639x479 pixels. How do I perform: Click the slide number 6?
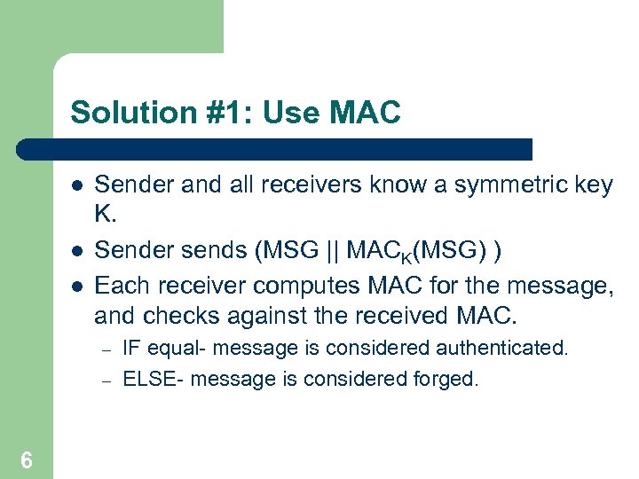pyautogui.click(x=27, y=459)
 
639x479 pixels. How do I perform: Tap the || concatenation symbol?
pyautogui.click(x=329, y=251)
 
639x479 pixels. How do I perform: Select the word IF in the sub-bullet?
pyautogui.click(x=130, y=348)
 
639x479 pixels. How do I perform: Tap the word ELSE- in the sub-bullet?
pyautogui.click(x=154, y=380)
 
